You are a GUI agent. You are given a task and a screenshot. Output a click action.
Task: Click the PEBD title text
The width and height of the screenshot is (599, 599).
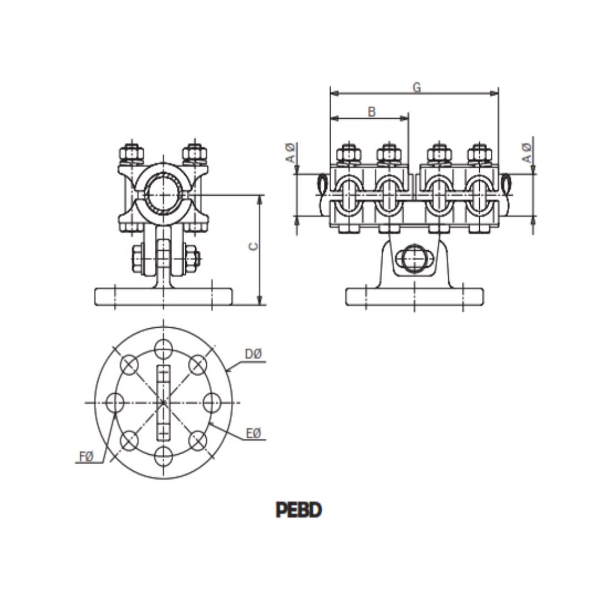[298, 510]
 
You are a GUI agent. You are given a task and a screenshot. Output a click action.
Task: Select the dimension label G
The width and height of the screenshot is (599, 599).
[417, 87]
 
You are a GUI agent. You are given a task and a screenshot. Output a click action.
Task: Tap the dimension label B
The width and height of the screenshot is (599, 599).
[372, 111]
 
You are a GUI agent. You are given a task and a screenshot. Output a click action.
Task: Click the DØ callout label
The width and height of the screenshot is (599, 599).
[253, 354]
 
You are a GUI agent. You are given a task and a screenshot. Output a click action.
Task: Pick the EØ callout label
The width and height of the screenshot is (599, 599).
[253, 433]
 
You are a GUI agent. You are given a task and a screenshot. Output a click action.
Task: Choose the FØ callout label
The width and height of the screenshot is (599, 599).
[86, 456]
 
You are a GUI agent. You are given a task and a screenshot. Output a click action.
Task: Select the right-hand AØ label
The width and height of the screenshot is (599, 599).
[527, 153]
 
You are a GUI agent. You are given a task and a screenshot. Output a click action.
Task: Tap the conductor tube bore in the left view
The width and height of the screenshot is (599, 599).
[163, 195]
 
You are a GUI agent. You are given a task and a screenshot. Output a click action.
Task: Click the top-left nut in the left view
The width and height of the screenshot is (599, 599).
[131, 152]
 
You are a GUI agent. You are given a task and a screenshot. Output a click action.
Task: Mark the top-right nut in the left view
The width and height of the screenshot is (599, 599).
[194, 152]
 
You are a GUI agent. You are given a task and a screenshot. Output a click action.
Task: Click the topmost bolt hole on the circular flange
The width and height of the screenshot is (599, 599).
[163, 349]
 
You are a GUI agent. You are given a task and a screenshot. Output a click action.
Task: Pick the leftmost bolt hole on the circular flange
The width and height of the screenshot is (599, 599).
[115, 402]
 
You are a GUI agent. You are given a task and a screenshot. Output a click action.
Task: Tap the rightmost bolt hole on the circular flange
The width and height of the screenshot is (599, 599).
[211, 402]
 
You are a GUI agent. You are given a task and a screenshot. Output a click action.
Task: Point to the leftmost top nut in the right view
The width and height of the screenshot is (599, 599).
[349, 153]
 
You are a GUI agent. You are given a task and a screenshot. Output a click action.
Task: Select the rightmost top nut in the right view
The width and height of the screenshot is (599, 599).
[479, 153]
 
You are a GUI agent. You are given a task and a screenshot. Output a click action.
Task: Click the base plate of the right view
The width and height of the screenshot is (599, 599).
[414, 297]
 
